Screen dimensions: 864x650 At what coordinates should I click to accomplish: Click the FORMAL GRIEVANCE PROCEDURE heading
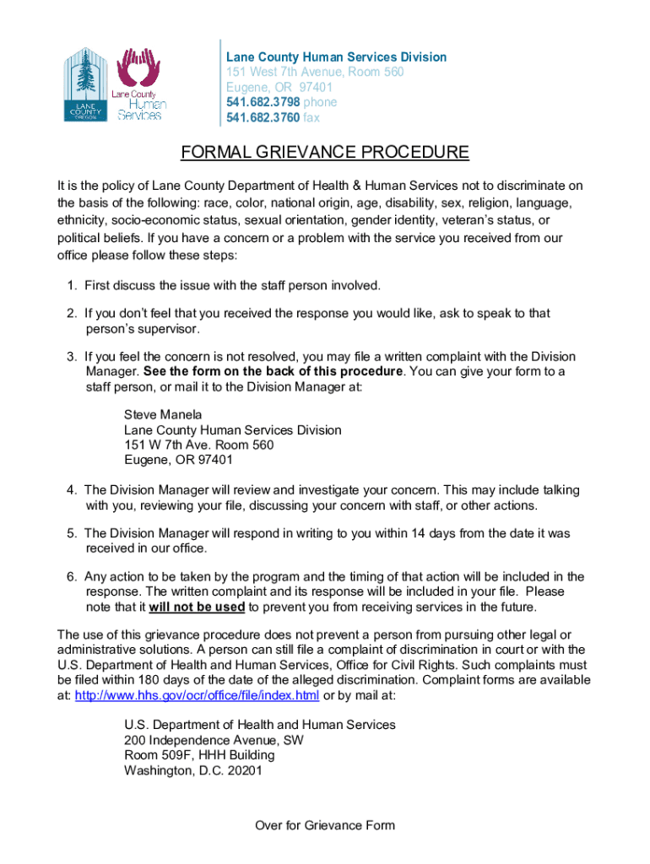[325, 153]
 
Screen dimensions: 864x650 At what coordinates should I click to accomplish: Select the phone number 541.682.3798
[257, 102]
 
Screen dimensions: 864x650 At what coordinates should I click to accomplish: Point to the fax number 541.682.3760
[257, 118]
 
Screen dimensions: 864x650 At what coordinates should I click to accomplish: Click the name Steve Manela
[163, 414]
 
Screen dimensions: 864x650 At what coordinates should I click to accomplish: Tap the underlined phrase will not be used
[198, 607]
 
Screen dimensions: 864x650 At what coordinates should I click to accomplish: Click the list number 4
[73, 489]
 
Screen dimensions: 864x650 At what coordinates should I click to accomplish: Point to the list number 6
[73, 576]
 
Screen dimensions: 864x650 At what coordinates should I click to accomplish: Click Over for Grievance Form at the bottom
[325, 825]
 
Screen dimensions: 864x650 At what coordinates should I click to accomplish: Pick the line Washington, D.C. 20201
[193, 770]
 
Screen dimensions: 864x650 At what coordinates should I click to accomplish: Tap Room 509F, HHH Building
[199, 755]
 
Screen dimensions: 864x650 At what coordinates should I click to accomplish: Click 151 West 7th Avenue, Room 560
[315, 72]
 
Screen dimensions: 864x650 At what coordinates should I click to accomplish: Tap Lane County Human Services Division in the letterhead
[336, 57]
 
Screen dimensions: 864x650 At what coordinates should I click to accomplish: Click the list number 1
[73, 284]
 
